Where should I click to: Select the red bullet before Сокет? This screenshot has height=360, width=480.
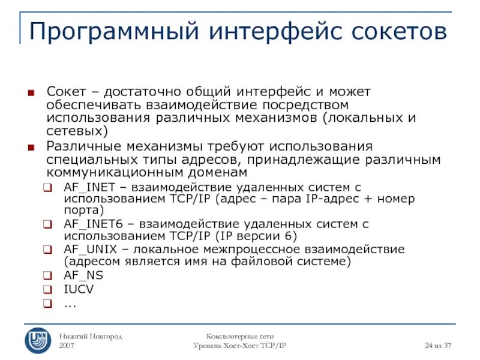click(31, 93)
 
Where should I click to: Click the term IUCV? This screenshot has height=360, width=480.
click(79, 289)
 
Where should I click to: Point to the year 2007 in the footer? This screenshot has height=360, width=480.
click(67, 347)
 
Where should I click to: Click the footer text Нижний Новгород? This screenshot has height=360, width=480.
click(90, 337)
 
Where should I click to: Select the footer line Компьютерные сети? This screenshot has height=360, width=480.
click(239, 337)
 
